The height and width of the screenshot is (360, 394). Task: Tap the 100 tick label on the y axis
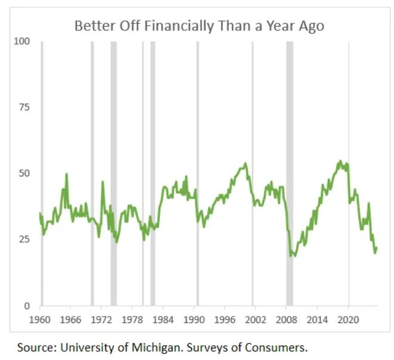pos(21,41)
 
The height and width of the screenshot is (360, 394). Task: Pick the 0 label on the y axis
pos(26,306)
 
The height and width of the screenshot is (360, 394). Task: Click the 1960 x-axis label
pos(40,319)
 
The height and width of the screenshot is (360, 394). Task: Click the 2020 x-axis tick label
pos(348,319)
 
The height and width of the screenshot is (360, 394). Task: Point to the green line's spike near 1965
pos(66,174)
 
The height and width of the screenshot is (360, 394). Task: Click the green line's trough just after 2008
pos(291,255)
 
